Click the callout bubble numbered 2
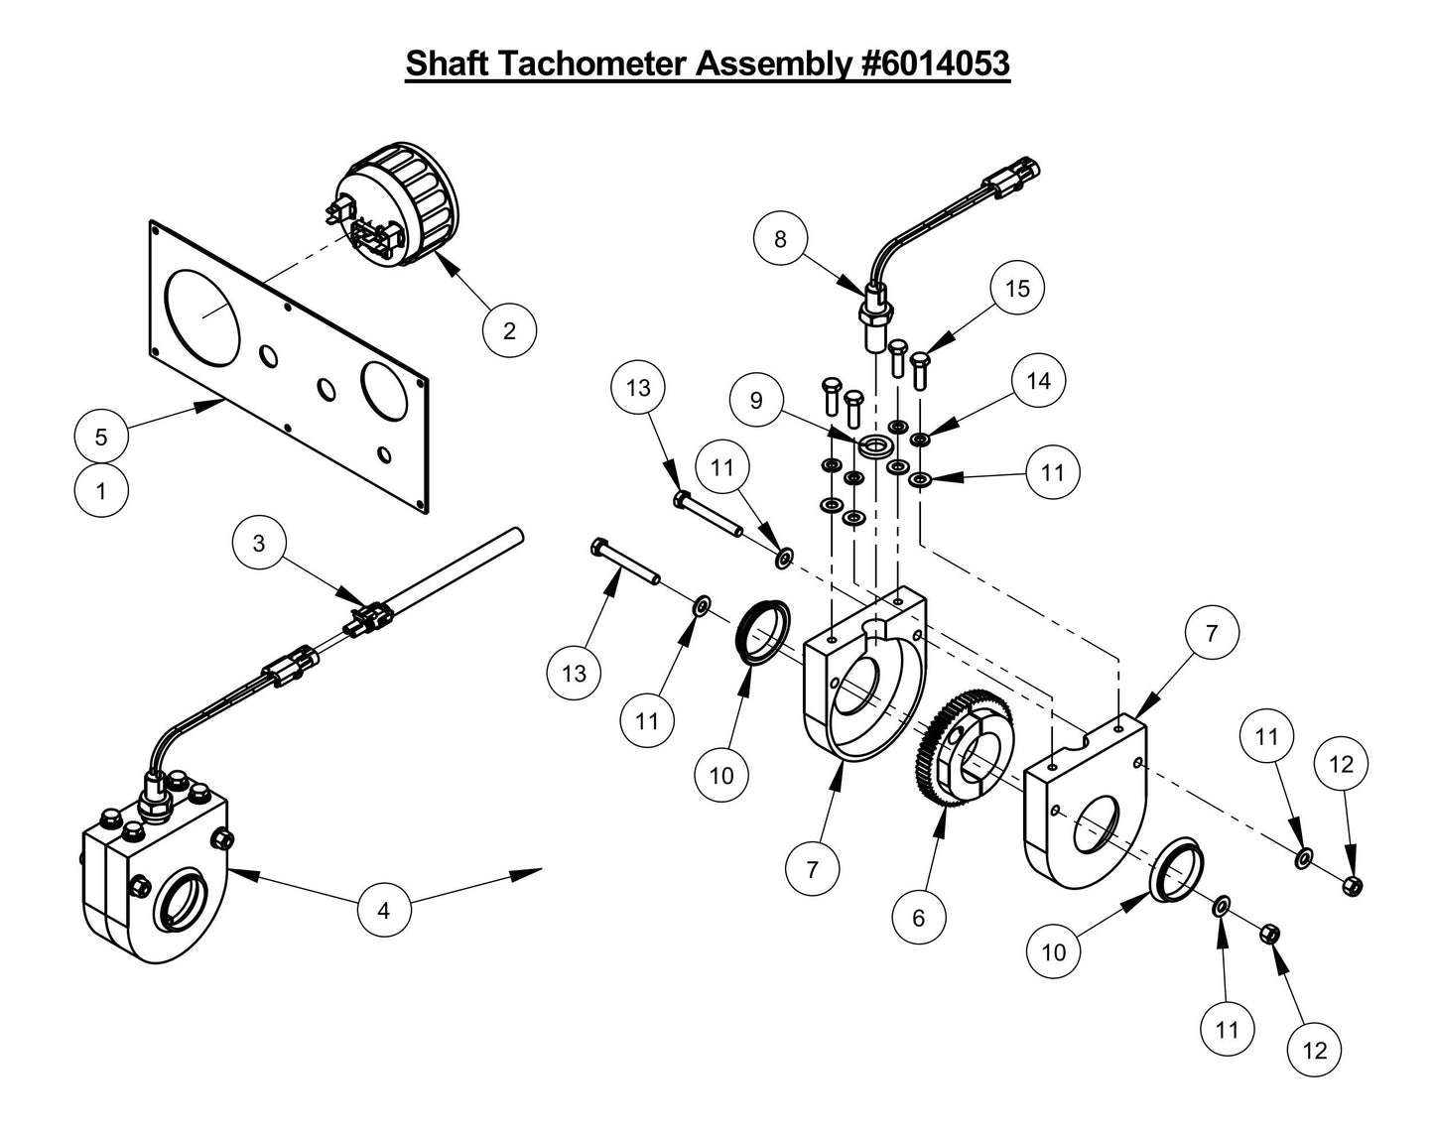coord(509,329)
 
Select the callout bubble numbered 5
coord(101,437)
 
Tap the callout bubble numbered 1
coord(101,489)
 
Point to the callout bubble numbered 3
coord(259,543)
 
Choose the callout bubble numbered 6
coord(918,918)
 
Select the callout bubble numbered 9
coord(757,400)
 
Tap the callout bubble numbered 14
coord(1038,381)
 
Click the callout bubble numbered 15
coord(1017,289)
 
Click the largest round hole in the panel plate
coord(202,314)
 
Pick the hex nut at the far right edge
coord(1351,884)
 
